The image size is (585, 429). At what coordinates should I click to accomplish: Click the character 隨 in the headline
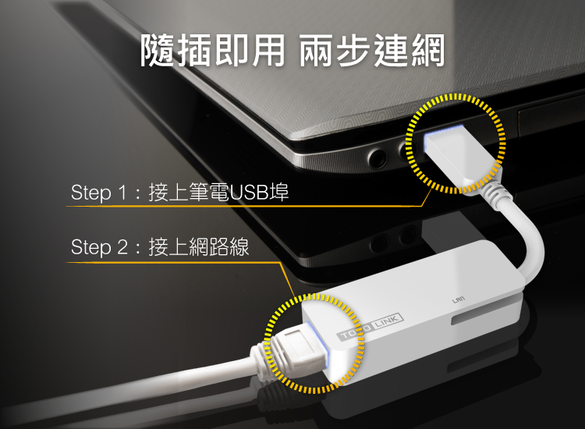(x=158, y=51)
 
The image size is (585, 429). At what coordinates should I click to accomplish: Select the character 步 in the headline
(x=353, y=51)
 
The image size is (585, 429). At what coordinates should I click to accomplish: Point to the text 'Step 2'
(x=99, y=247)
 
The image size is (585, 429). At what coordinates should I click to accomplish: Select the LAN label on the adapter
(x=458, y=300)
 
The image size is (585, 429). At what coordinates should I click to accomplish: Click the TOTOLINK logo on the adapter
(x=370, y=326)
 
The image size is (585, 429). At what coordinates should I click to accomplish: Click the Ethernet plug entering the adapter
(x=299, y=347)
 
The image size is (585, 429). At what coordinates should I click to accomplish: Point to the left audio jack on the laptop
(x=378, y=158)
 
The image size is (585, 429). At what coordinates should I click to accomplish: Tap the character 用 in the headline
(x=268, y=51)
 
